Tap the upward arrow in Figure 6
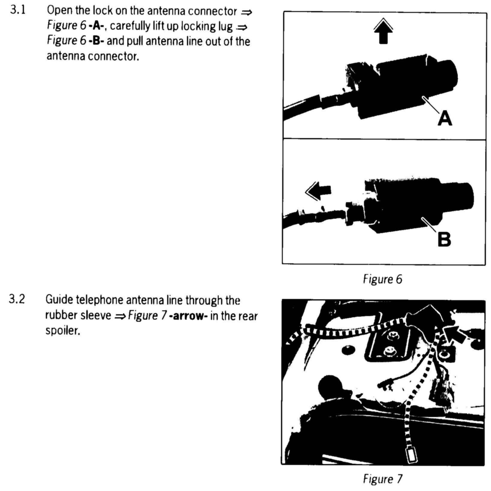point(383,31)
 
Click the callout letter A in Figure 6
point(445,119)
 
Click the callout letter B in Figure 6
point(444,240)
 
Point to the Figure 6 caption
point(383,280)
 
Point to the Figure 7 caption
point(383,479)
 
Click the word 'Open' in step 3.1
point(58,11)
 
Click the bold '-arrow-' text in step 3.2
point(188,316)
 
